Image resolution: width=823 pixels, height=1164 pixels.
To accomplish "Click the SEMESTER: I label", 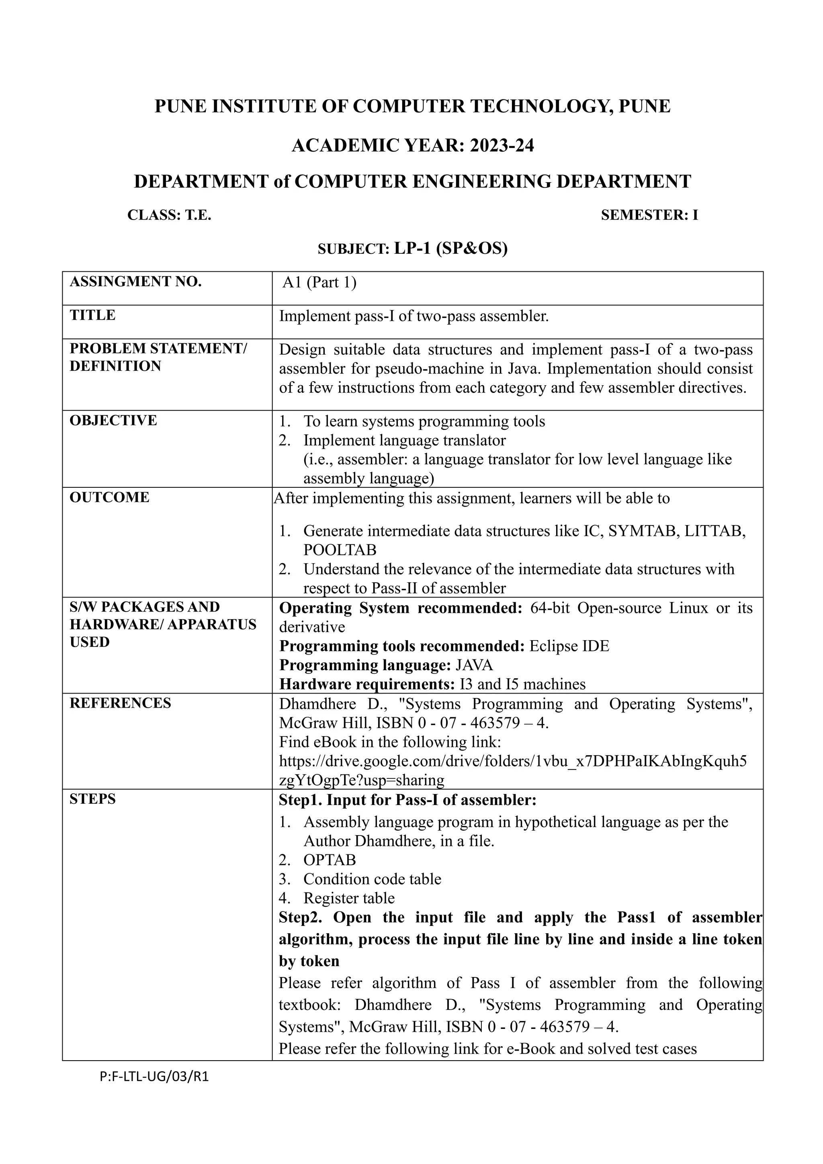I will click(x=649, y=215).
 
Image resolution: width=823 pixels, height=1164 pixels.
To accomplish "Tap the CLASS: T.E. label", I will click(x=169, y=215).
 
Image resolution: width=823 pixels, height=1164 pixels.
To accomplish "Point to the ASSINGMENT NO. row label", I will click(x=135, y=281).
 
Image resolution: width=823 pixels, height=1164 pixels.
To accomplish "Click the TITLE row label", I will click(x=93, y=315).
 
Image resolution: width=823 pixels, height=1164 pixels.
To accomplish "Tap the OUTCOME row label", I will click(x=109, y=497).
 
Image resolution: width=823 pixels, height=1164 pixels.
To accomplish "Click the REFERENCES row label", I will click(x=120, y=703).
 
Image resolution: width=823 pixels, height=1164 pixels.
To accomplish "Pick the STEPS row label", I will click(x=93, y=799).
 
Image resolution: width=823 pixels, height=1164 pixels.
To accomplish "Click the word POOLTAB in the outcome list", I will click(x=340, y=550).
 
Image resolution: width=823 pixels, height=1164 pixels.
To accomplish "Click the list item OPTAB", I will click(x=330, y=860).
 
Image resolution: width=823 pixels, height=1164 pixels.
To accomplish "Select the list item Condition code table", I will click(x=372, y=879).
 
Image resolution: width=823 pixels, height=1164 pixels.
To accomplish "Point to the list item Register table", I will click(x=349, y=898).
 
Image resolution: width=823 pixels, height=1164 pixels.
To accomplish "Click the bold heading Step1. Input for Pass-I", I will click(x=407, y=800).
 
